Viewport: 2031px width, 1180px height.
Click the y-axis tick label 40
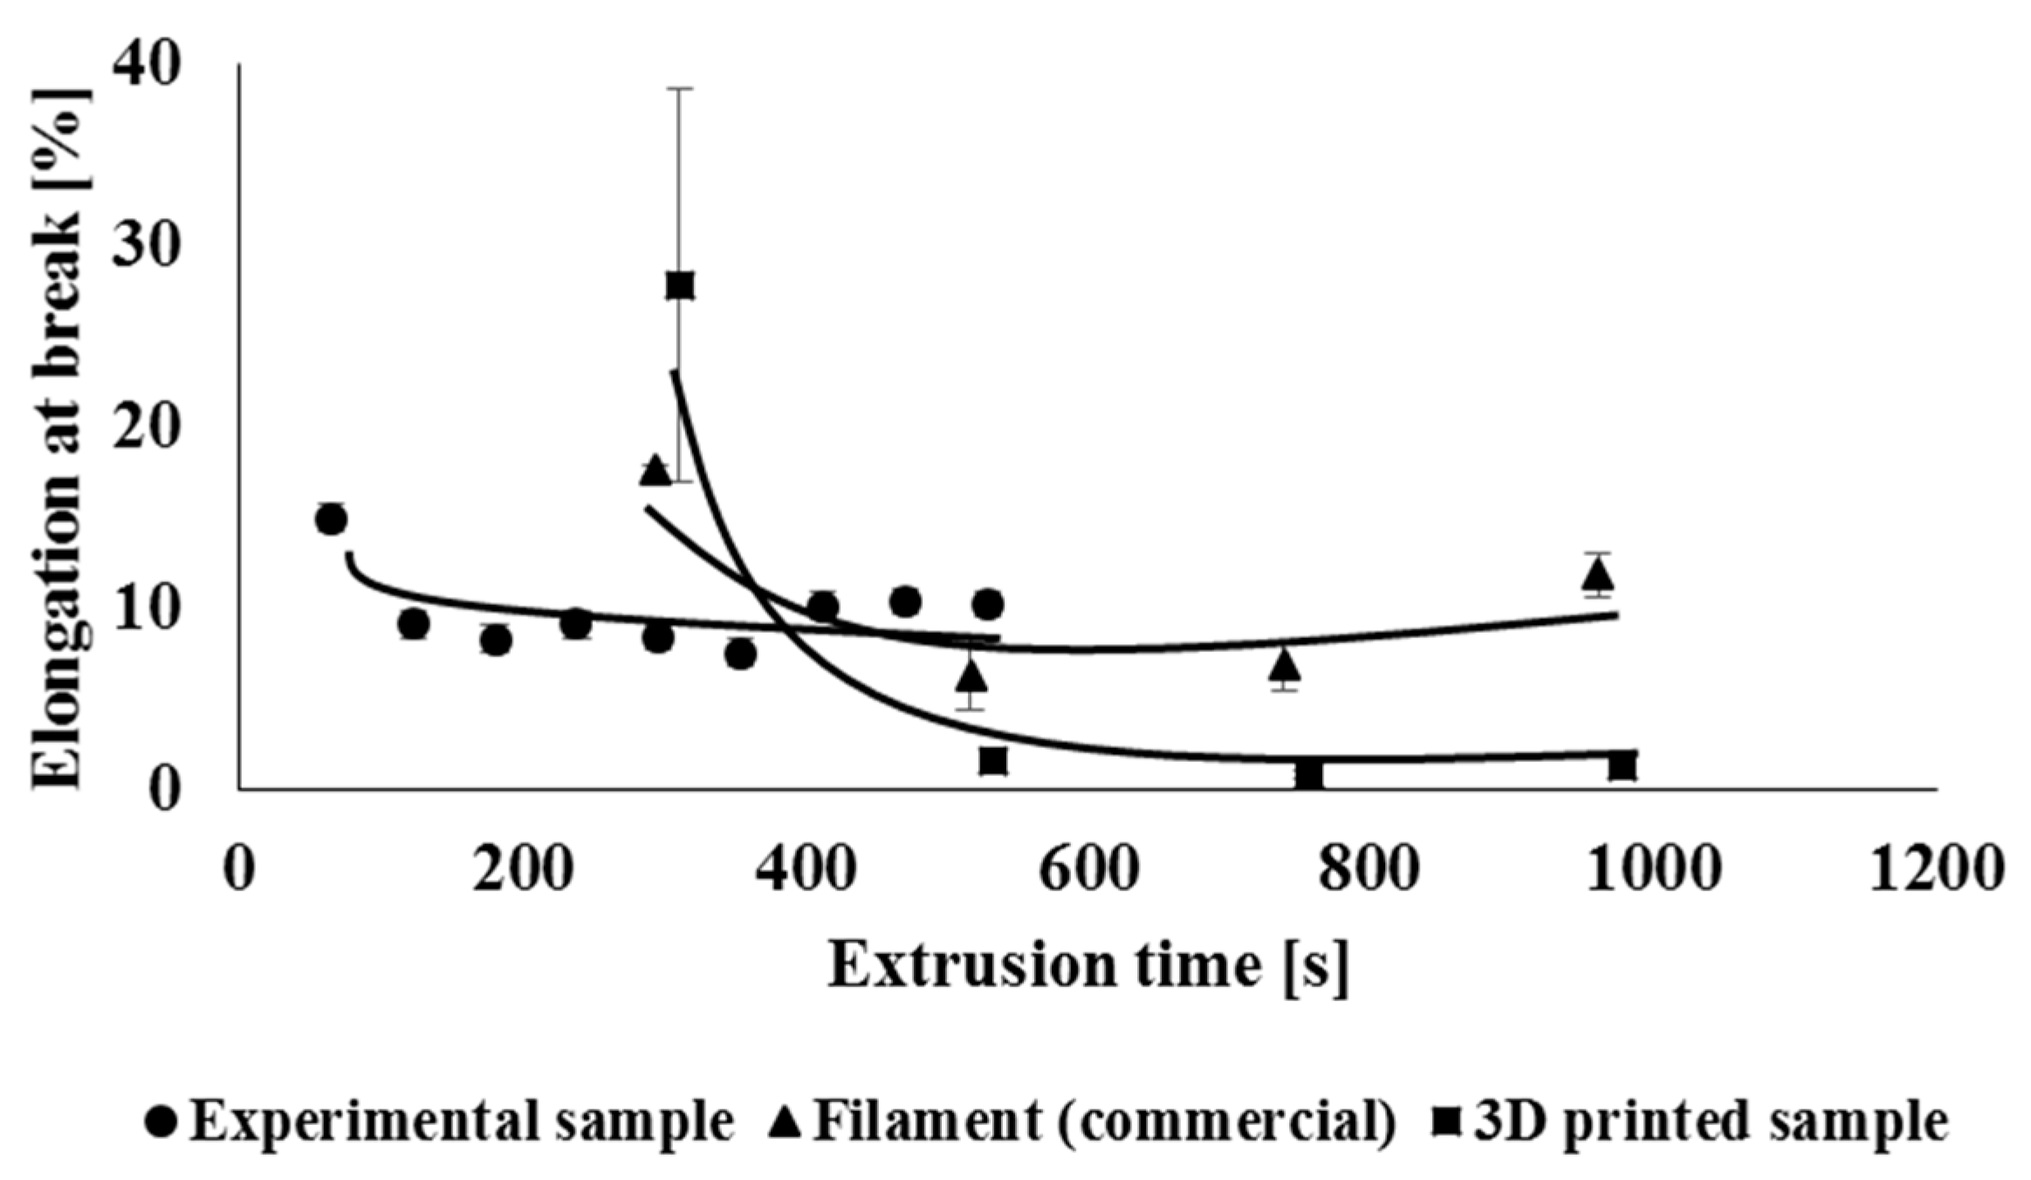147,66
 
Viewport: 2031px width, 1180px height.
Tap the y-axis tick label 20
147,429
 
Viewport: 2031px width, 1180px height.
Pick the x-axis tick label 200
522,870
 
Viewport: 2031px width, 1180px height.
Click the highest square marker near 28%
680,285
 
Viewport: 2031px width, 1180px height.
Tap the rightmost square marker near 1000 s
1622,766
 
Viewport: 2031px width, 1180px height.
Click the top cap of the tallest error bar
680,89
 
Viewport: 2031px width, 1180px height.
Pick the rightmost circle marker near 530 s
987,604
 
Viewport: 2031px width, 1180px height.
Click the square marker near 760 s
1308,775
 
